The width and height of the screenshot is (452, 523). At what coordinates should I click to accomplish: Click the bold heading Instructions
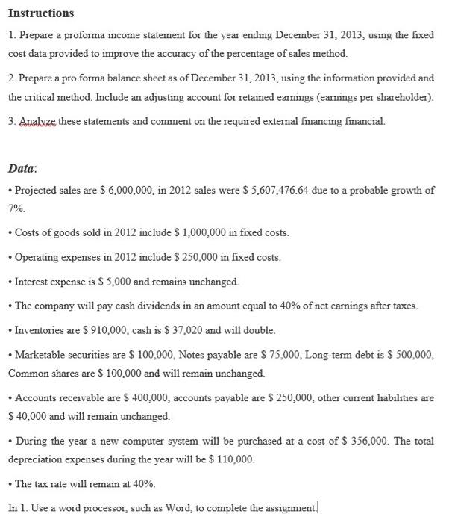[x=41, y=13]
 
